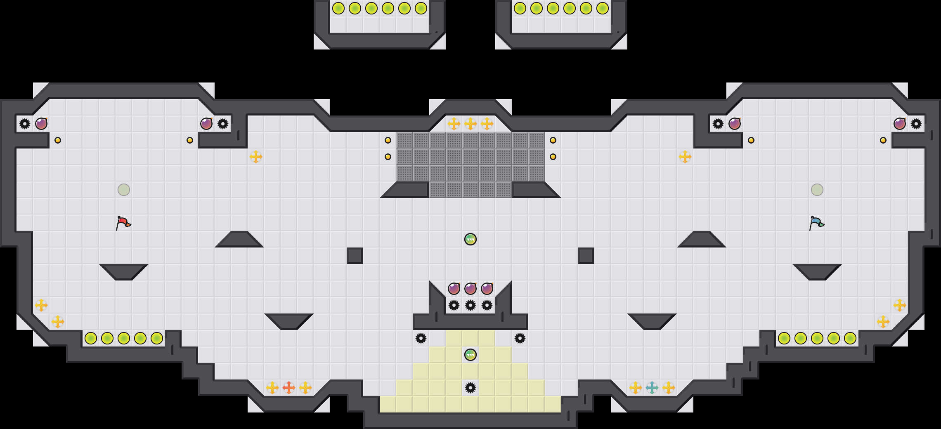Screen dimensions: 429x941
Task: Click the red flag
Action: tap(123, 223)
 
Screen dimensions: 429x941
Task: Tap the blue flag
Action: tap(816, 223)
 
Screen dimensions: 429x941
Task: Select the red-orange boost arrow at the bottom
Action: tap(289, 388)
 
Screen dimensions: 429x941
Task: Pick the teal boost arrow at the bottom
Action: tap(652, 388)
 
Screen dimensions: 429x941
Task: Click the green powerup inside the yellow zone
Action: tap(470, 355)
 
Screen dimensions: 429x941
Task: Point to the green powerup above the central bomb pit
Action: tap(470, 239)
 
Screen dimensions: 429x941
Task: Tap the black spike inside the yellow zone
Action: tap(470, 388)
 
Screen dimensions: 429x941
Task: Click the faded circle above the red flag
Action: tap(124, 190)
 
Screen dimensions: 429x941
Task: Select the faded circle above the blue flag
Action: tap(817, 190)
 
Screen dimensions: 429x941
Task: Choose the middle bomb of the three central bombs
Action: tap(470, 289)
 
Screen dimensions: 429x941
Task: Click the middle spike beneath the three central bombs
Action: tap(470, 305)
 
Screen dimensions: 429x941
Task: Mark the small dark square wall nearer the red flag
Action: tap(355, 256)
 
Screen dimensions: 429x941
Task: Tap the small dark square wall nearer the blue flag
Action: tap(586, 256)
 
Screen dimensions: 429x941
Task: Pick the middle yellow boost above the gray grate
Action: tap(470, 124)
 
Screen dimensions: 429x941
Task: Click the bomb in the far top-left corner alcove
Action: tap(41, 124)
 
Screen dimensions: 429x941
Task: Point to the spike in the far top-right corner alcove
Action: tap(916, 124)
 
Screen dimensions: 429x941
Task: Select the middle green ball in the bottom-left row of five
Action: tap(124, 338)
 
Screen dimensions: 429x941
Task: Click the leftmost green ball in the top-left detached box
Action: tap(338, 8)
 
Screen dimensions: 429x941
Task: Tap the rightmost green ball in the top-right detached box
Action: tap(603, 8)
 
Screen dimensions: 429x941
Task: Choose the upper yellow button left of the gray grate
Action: tap(388, 140)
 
